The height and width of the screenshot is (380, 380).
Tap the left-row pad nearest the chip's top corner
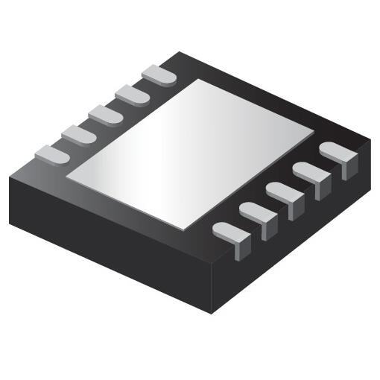[159, 75]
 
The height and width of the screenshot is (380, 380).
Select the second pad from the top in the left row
[132, 95]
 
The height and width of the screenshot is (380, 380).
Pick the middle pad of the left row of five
[105, 115]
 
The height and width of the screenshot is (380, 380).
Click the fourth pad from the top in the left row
[78, 134]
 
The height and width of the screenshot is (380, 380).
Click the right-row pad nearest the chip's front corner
[232, 234]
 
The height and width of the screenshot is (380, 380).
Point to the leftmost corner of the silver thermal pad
[67, 177]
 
